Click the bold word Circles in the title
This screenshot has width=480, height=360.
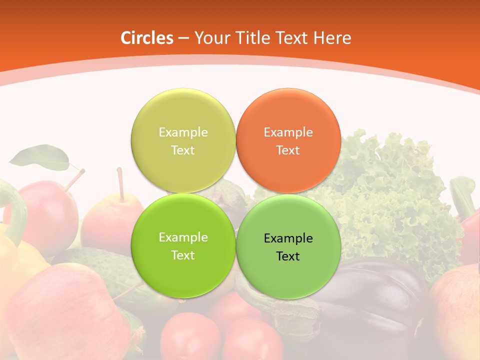(x=146, y=38)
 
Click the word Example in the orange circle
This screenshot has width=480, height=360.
(x=288, y=132)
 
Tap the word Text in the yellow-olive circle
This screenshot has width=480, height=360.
(x=183, y=150)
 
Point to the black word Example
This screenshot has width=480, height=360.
(x=288, y=238)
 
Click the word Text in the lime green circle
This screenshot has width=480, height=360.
(x=183, y=255)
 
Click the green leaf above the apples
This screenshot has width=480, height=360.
(x=40, y=157)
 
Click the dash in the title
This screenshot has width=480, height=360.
(x=183, y=38)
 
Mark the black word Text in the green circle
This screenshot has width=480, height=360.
(x=288, y=256)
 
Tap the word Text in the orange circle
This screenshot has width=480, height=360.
(x=288, y=150)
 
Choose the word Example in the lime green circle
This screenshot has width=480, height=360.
(x=183, y=237)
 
